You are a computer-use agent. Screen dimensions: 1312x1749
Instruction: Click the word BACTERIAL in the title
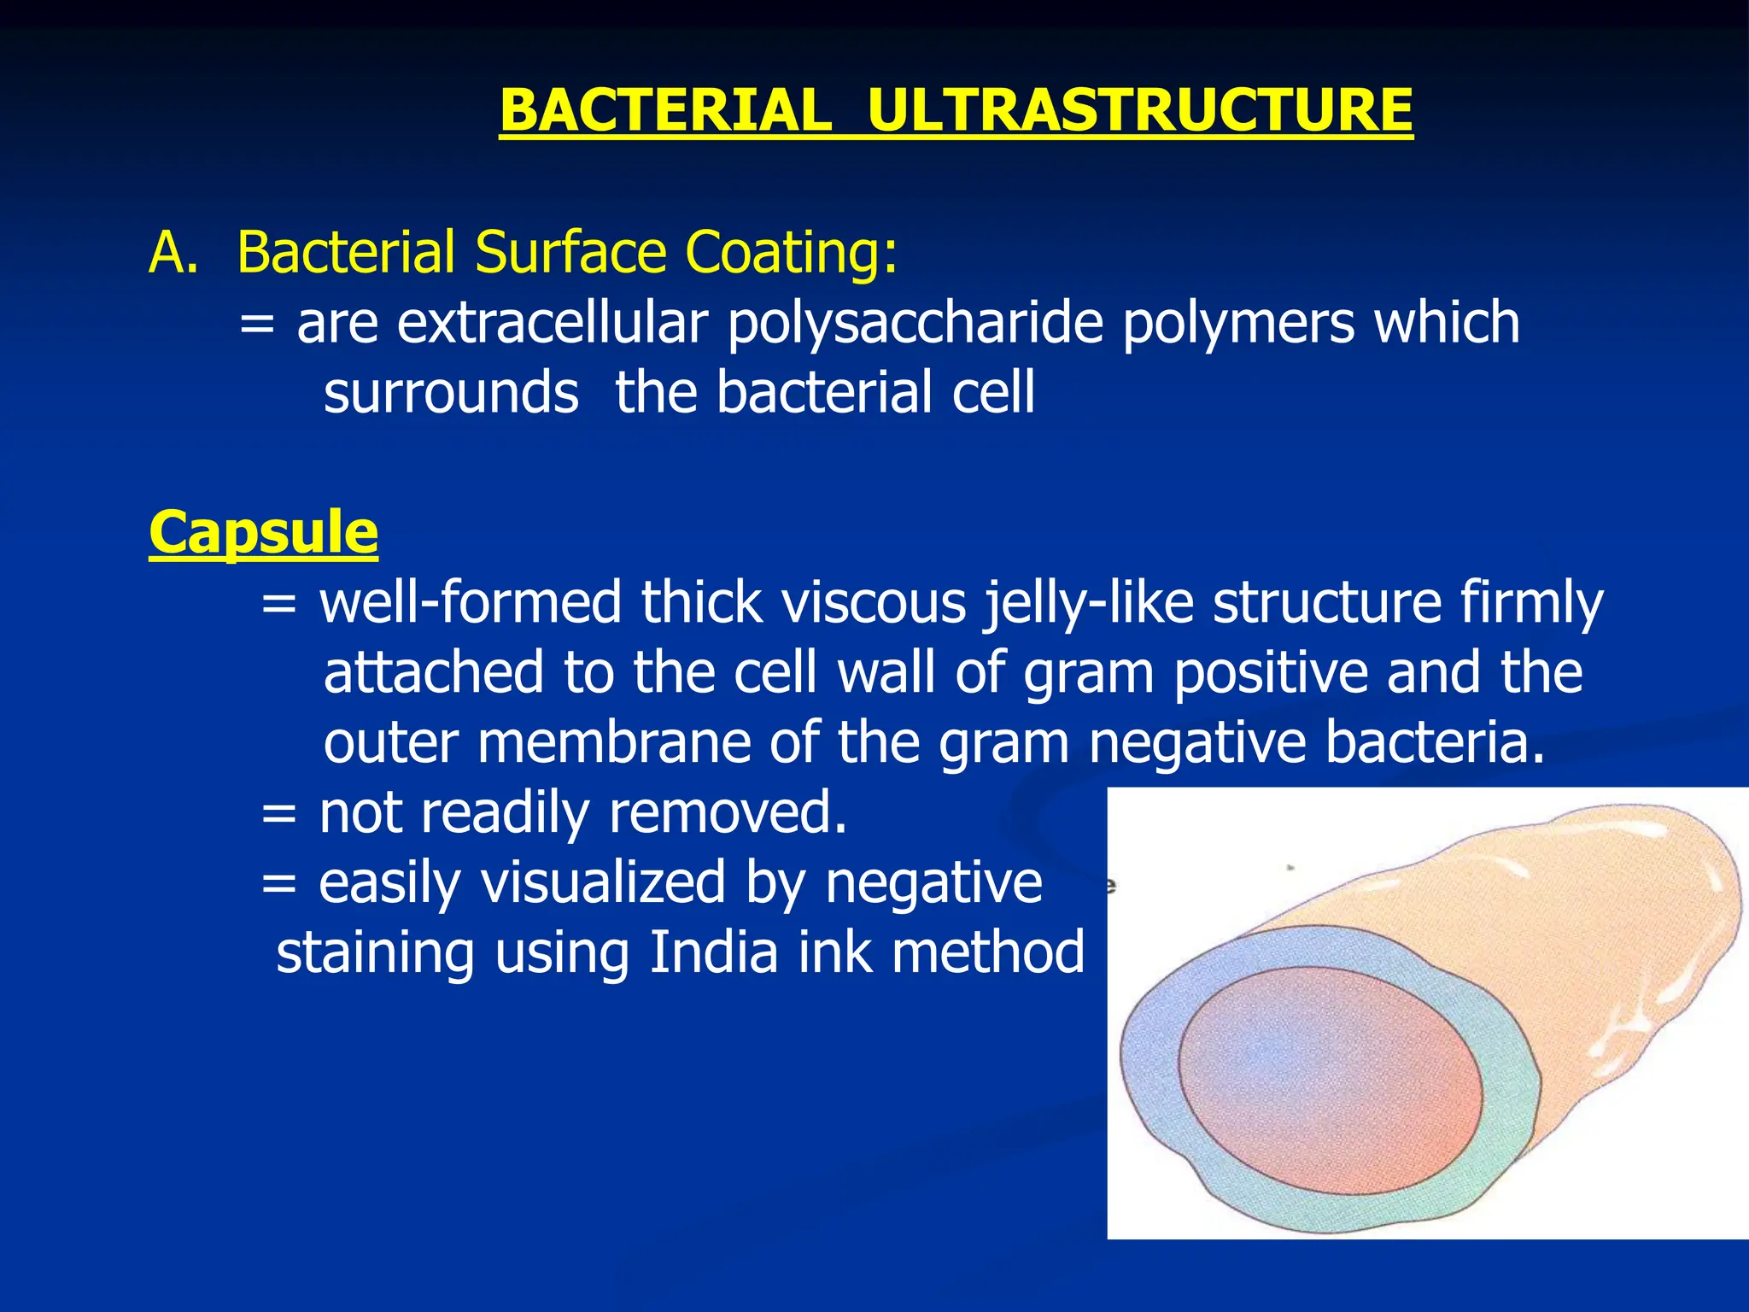tap(664, 111)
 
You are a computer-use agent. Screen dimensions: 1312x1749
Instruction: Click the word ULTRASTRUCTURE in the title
tap(1139, 111)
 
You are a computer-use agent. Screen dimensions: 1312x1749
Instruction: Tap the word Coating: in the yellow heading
tap(792, 253)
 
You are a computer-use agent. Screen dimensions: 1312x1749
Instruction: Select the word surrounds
tap(451, 393)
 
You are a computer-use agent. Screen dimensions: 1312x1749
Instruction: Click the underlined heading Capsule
tap(263, 533)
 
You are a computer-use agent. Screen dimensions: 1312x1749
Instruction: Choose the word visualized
tap(603, 882)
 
